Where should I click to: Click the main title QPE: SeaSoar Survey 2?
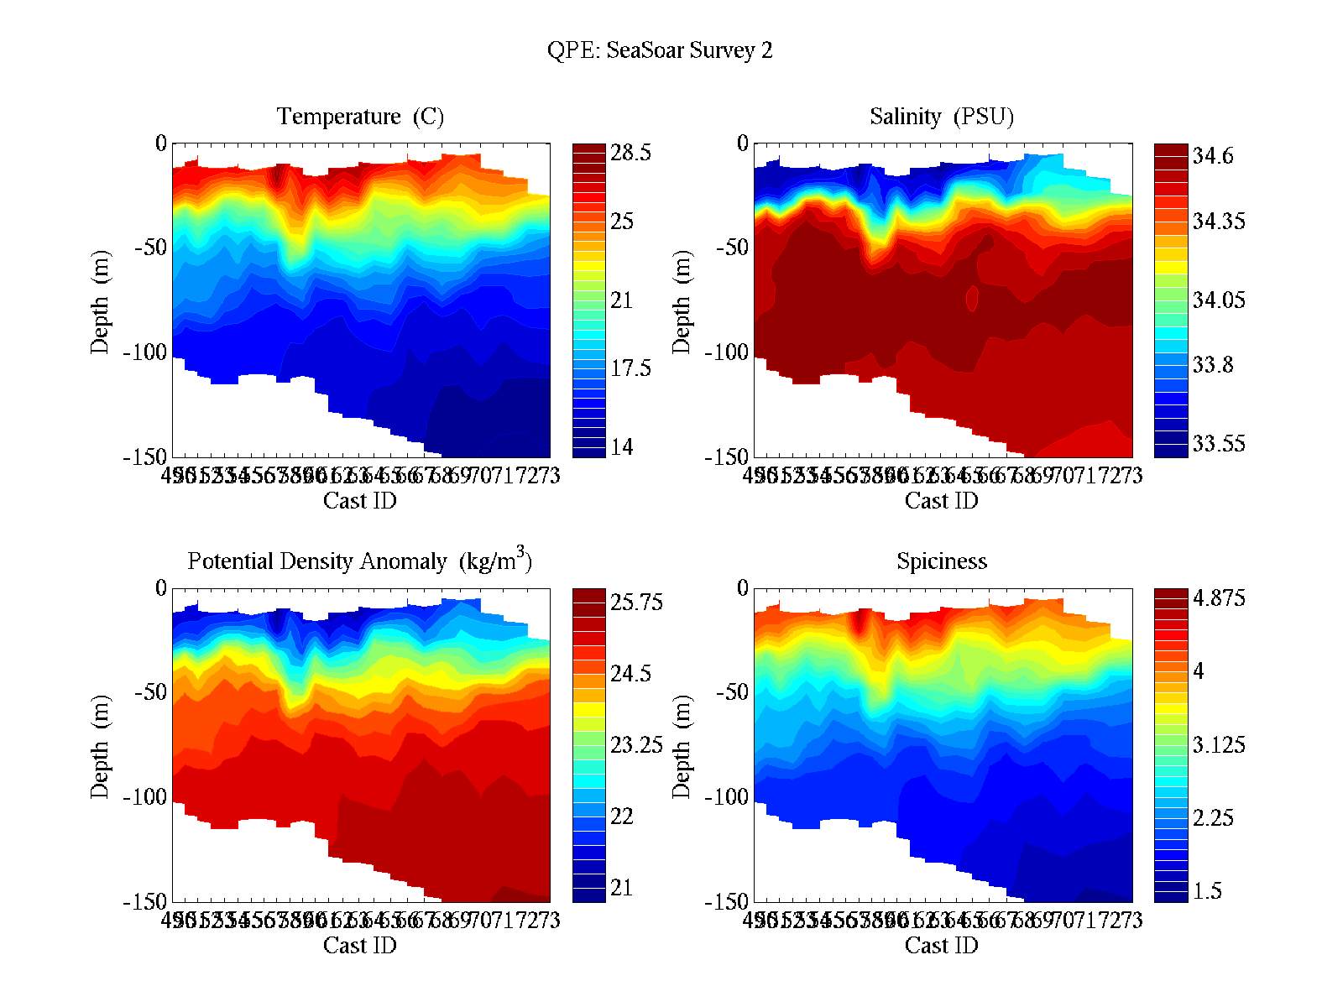(x=660, y=50)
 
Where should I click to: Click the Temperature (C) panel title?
(x=360, y=116)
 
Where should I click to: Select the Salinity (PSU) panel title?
(x=941, y=116)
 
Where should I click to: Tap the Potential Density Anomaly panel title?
(x=359, y=560)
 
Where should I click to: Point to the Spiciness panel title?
(x=941, y=561)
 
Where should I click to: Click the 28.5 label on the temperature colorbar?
(x=630, y=153)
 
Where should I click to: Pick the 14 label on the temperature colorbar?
(x=621, y=446)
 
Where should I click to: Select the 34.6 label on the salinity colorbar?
(x=1213, y=156)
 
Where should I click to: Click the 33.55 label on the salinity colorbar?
(x=1218, y=443)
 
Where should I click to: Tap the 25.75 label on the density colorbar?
(x=635, y=602)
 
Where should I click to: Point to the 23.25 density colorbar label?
(x=635, y=744)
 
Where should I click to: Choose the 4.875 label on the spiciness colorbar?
(x=1218, y=598)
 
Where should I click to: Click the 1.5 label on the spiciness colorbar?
(x=1207, y=890)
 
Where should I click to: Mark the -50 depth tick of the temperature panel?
(x=150, y=248)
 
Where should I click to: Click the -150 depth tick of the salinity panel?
(x=726, y=457)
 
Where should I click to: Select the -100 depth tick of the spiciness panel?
(x=726, y=796)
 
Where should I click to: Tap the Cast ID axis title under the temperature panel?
(x=359, y=501)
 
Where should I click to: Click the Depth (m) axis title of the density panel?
(x=100, y=746)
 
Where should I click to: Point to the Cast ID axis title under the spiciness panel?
(x=941, y=946)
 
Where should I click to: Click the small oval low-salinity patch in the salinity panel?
(x=972, y=298)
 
